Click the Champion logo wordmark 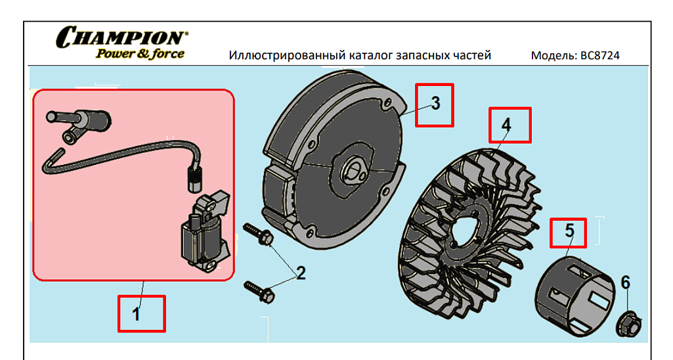(x=122, y=37)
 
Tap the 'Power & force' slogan (x=140, y=54)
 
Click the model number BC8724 (x=600, y=55)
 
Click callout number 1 (x=136, y=315)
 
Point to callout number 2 (x=301, y=273)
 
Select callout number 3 (x=435, y=103)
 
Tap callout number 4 (x=506, y=125)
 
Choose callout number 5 (x=569, y=231)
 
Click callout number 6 (x=625, y=282)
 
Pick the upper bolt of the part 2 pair (x=258, y=234)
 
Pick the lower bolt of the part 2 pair (x=259, y=291)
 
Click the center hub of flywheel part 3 (x=354, y=172)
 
